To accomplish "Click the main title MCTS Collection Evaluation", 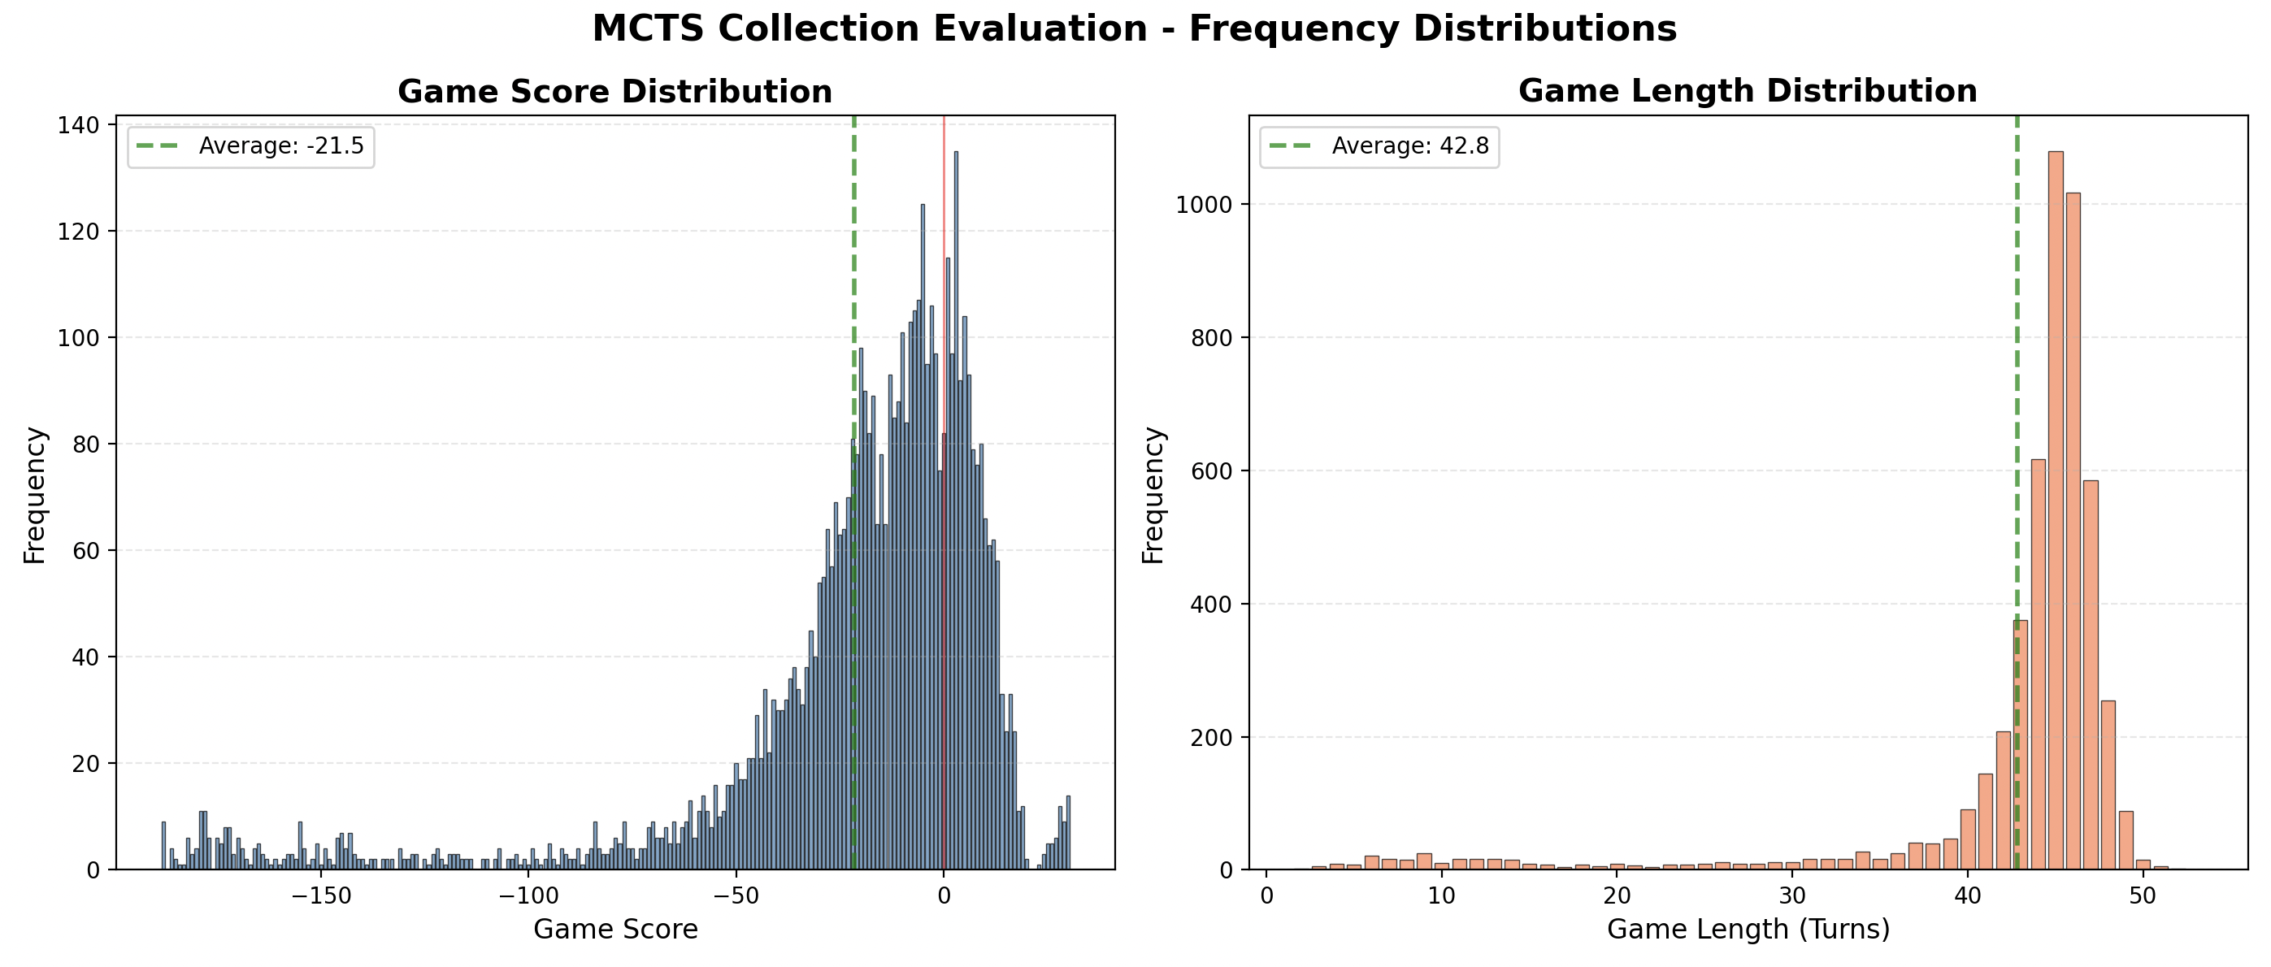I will coord(1134,28).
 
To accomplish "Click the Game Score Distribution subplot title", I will coord(614,92).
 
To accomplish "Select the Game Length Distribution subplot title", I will coord(1748,91).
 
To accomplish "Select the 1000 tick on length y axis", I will coord(1205,205).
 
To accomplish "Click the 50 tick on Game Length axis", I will coord(2143,896).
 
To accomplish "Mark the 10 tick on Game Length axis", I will coord(1441,896).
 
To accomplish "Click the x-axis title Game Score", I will coord(615,929).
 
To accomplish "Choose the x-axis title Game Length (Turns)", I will coord(1748,929).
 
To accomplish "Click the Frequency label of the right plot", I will coord(1153,496).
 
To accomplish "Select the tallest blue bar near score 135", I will coord(956,511).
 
